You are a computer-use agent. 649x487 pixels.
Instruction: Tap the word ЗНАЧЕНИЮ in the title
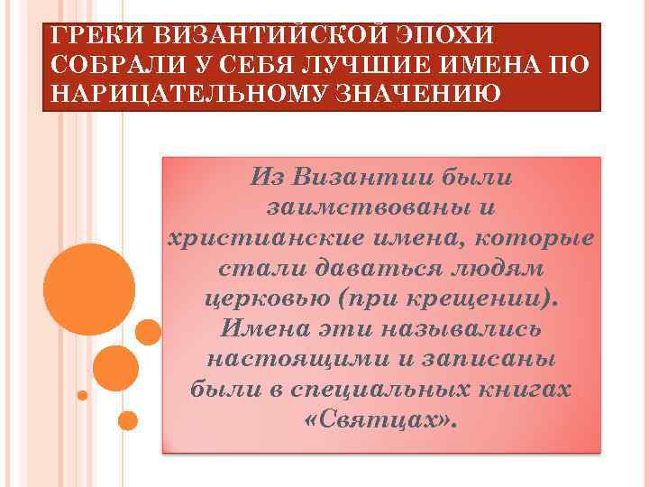click(402, 95)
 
